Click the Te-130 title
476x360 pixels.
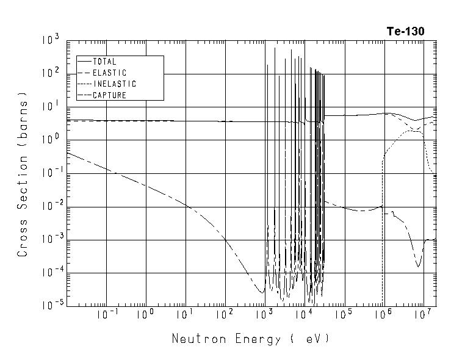point(405,31)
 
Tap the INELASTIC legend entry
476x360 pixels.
point(114,84)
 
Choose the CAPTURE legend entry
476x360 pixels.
point(109,95)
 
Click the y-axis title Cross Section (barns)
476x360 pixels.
point(23,174)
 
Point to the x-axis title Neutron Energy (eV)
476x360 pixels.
point(251,339)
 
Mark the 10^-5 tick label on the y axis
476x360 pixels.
point(50,306)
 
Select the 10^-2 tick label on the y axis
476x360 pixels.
point(50,206)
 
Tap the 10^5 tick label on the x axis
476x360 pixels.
point(344,315)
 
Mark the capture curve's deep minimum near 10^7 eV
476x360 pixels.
point(419,266)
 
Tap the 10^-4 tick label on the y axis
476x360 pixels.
point(50,273)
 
